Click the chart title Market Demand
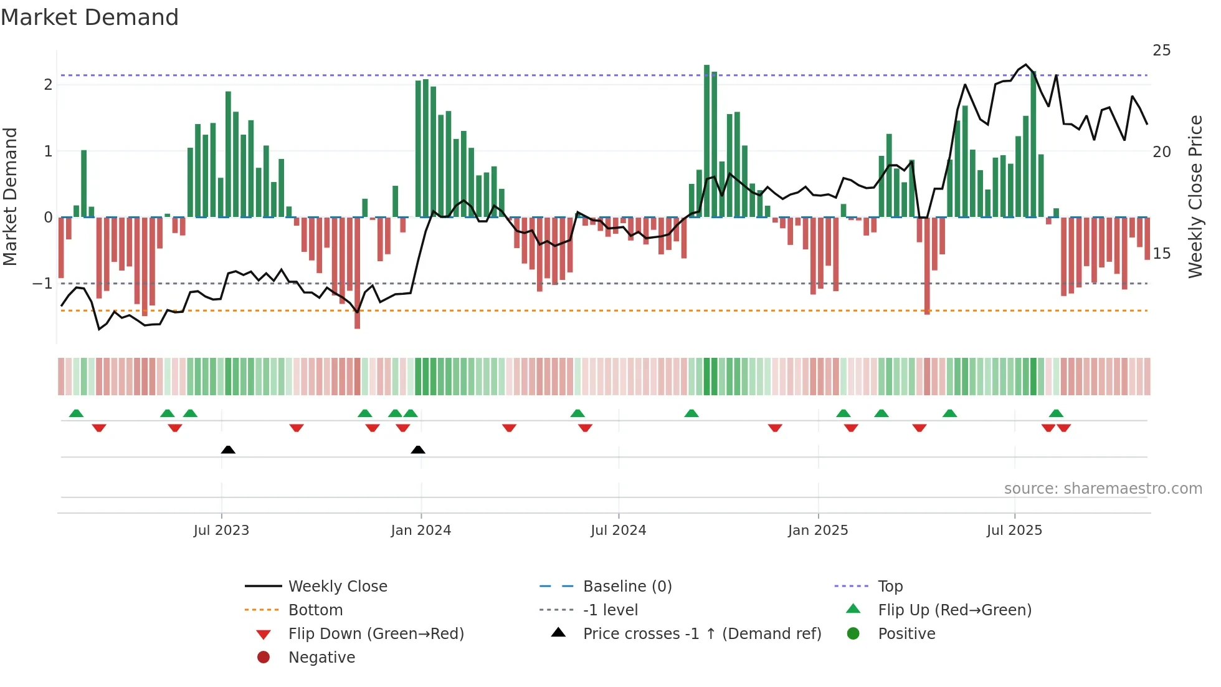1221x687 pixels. [x=90, y=17]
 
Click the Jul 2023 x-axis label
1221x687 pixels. [x=221, y=531]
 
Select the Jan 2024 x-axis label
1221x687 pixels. [x=421, y=531]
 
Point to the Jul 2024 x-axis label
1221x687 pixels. [x=619, y=531]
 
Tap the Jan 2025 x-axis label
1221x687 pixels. [x=818, y=531]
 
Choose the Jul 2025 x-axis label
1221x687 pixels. [x=1014, y=531]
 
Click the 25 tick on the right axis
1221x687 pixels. [x=1161, y=50]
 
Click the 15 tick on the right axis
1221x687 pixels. [x=1161, y=254]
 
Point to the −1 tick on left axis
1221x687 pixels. [x=42, y=284]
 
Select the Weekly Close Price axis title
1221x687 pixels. [x=1195, y=196]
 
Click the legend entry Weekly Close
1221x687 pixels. [x=338, y=587]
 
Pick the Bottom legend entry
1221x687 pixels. [x=315, y=610]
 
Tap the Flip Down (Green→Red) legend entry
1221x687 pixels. [x=376, y=634]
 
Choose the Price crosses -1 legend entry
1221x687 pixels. [x=702, y=634]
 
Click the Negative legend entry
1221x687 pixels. [x=321, y=658]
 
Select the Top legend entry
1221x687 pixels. [x=890, y=587]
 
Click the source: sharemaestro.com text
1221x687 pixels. [x=1103, y=489]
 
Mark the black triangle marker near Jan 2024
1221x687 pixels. [x=418, y=450]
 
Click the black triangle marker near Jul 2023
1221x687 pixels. [x=228, y=450]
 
